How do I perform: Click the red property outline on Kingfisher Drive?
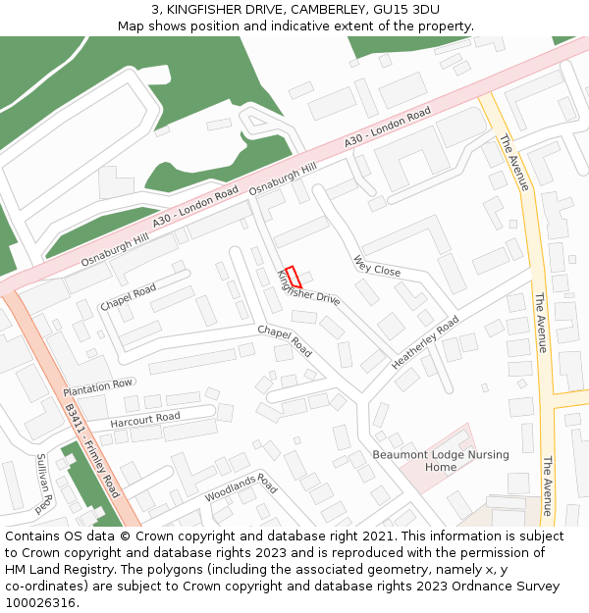click(x=292, y=278)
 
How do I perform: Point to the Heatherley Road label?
click(x=424, y=342)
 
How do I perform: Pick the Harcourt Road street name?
click(x=144, y=419)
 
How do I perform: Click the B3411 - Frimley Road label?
click(x=92, y=450)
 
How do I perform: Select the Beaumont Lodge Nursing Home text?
click(x=427, y=460)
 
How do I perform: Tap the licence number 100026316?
click(x=40, y=602)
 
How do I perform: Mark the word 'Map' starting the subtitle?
click(x=132, y=26)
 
